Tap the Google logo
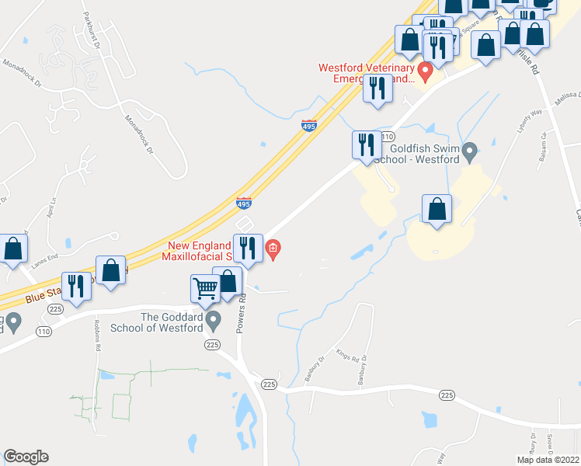point(26,457)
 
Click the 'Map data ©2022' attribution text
point(548,460)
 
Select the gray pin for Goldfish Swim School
point(469,151)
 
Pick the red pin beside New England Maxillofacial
point(273,249)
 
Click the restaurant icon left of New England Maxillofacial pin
point(247,247)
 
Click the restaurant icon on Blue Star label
point(76,285)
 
